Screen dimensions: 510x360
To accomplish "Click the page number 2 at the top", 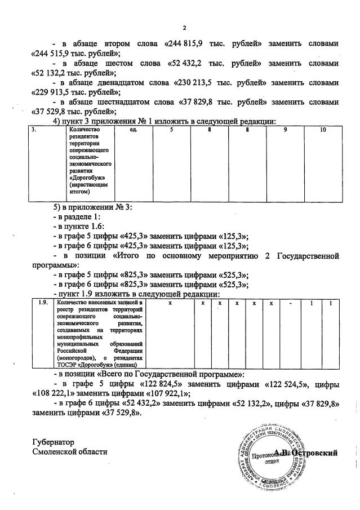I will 184,28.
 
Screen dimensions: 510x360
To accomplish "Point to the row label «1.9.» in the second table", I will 41,303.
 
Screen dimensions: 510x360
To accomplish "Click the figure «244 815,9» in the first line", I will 185,43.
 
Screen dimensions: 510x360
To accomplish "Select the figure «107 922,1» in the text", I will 168,393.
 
